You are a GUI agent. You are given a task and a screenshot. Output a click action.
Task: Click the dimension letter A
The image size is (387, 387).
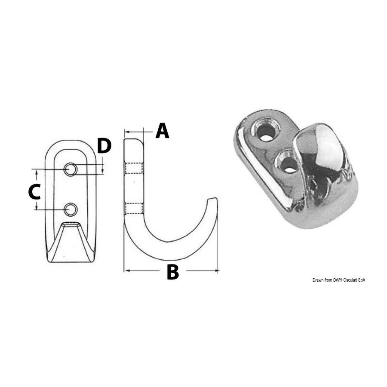(163, 131)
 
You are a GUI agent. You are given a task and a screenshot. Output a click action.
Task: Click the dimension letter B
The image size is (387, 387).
(173, 272)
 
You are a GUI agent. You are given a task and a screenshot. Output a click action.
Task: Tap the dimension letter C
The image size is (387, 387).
(34, 192)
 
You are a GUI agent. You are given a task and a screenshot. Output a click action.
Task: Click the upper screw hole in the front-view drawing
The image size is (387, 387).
(71, 169)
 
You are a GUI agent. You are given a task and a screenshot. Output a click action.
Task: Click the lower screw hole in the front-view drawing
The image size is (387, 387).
(71, 210)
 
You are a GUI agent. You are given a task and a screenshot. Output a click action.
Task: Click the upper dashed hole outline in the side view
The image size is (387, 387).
(134, 168)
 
